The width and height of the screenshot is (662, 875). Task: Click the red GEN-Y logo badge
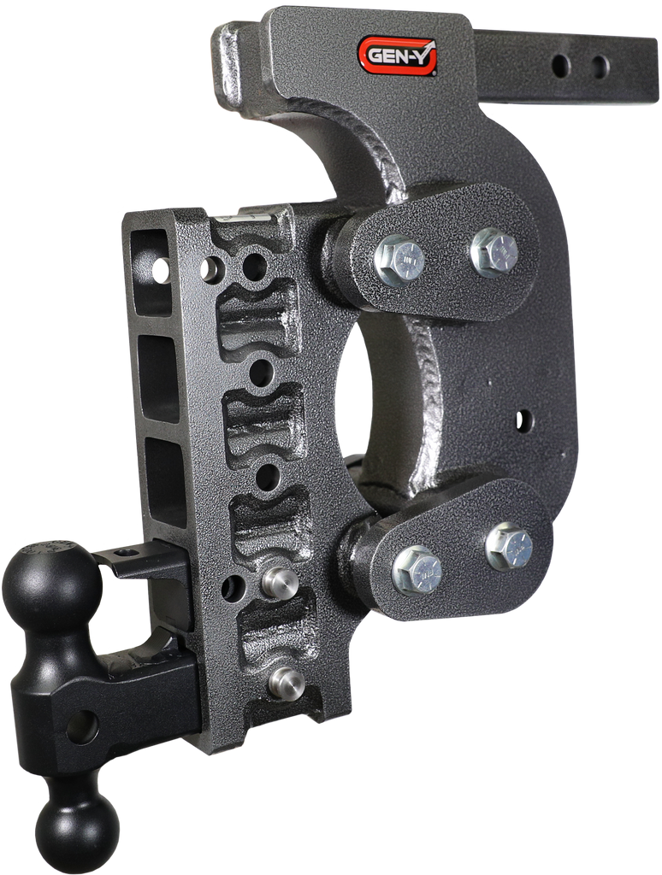tap(397, 55)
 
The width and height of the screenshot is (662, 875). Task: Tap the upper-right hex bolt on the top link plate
tap(494, 252)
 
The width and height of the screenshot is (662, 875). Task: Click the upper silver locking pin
tap(280, 581)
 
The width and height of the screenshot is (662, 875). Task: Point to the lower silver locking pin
tap(287, 683)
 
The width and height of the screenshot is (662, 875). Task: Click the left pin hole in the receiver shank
tap(561, 65)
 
